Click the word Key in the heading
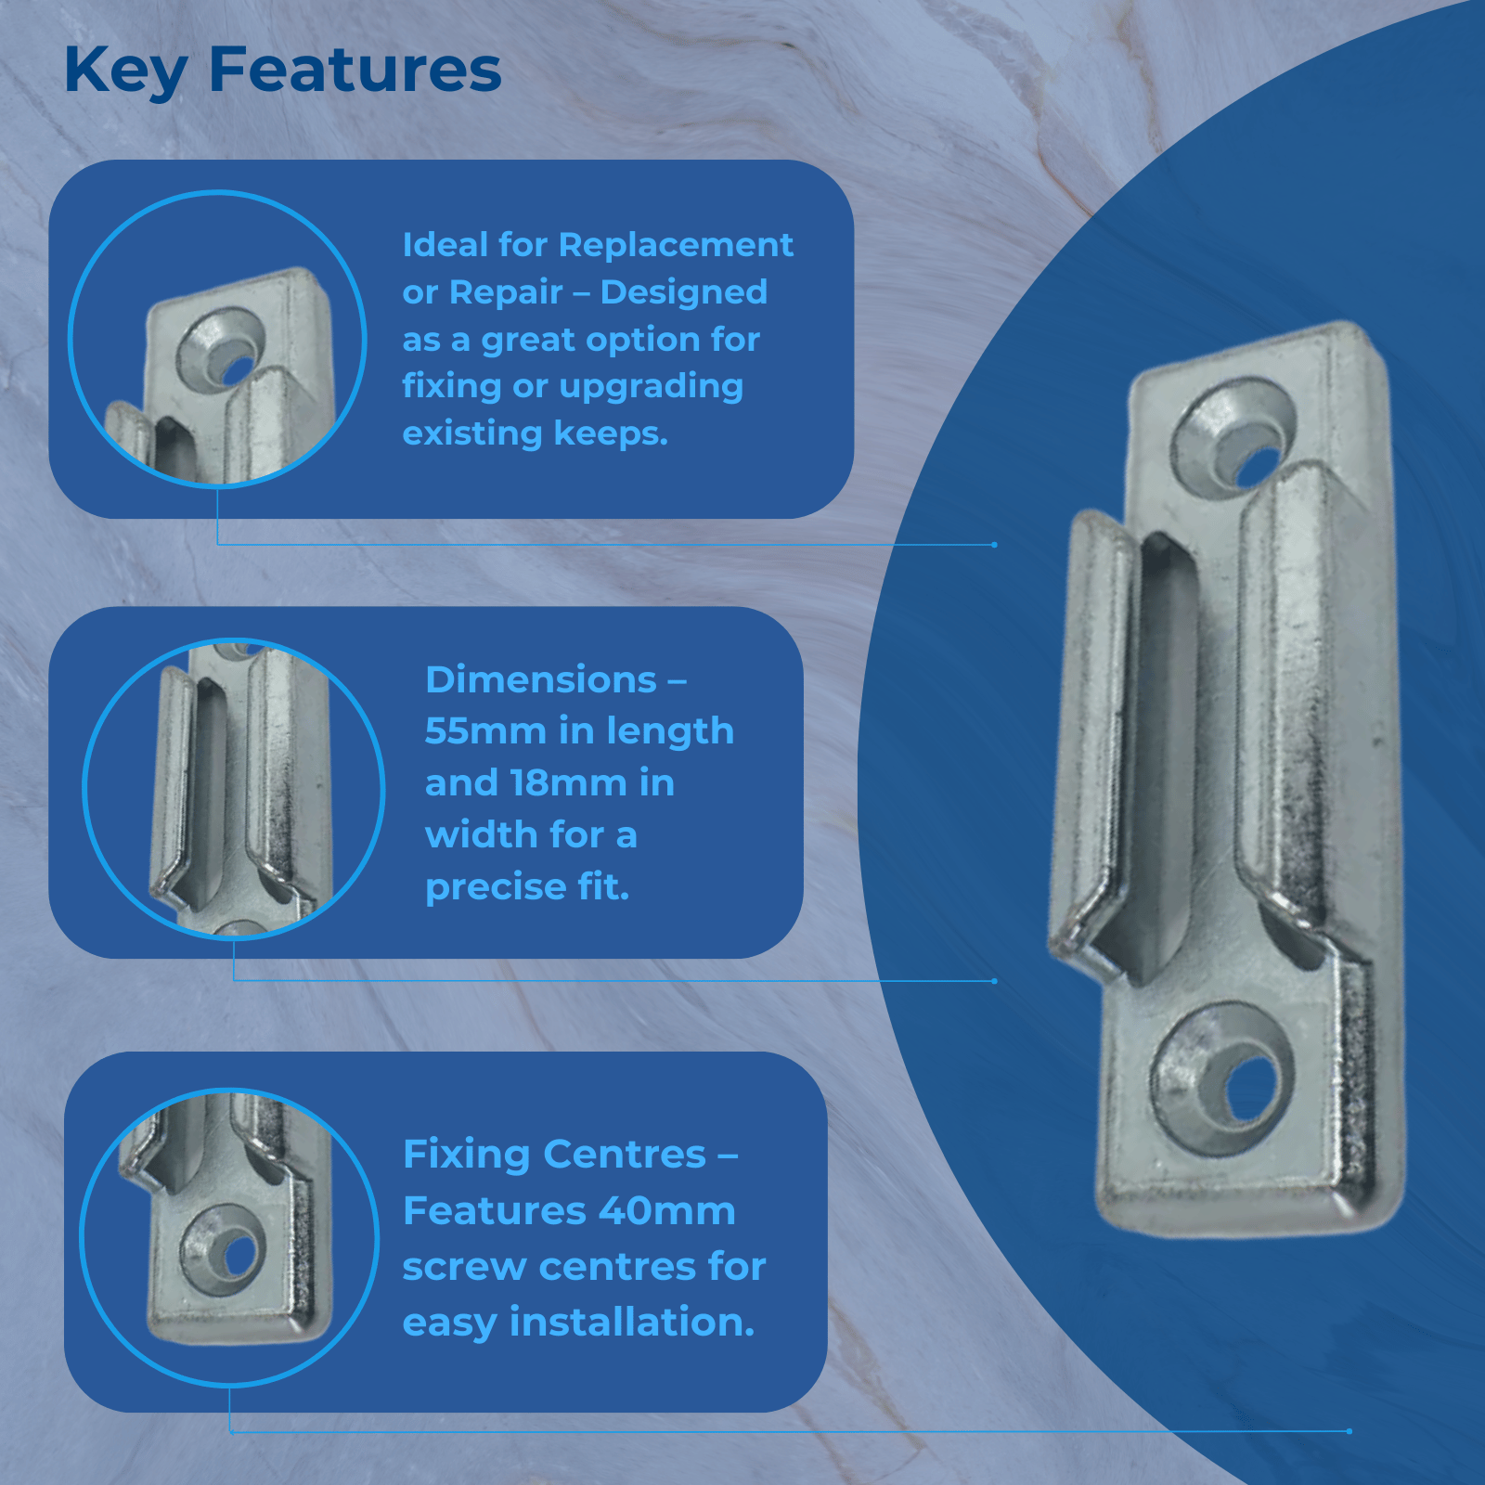[126, 71]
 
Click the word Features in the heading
[355, 70]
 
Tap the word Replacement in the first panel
[676, 245]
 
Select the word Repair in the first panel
[507, 293]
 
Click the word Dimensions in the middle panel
[541, 680]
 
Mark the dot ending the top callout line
[994, 545]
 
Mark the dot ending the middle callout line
[994, 981]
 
